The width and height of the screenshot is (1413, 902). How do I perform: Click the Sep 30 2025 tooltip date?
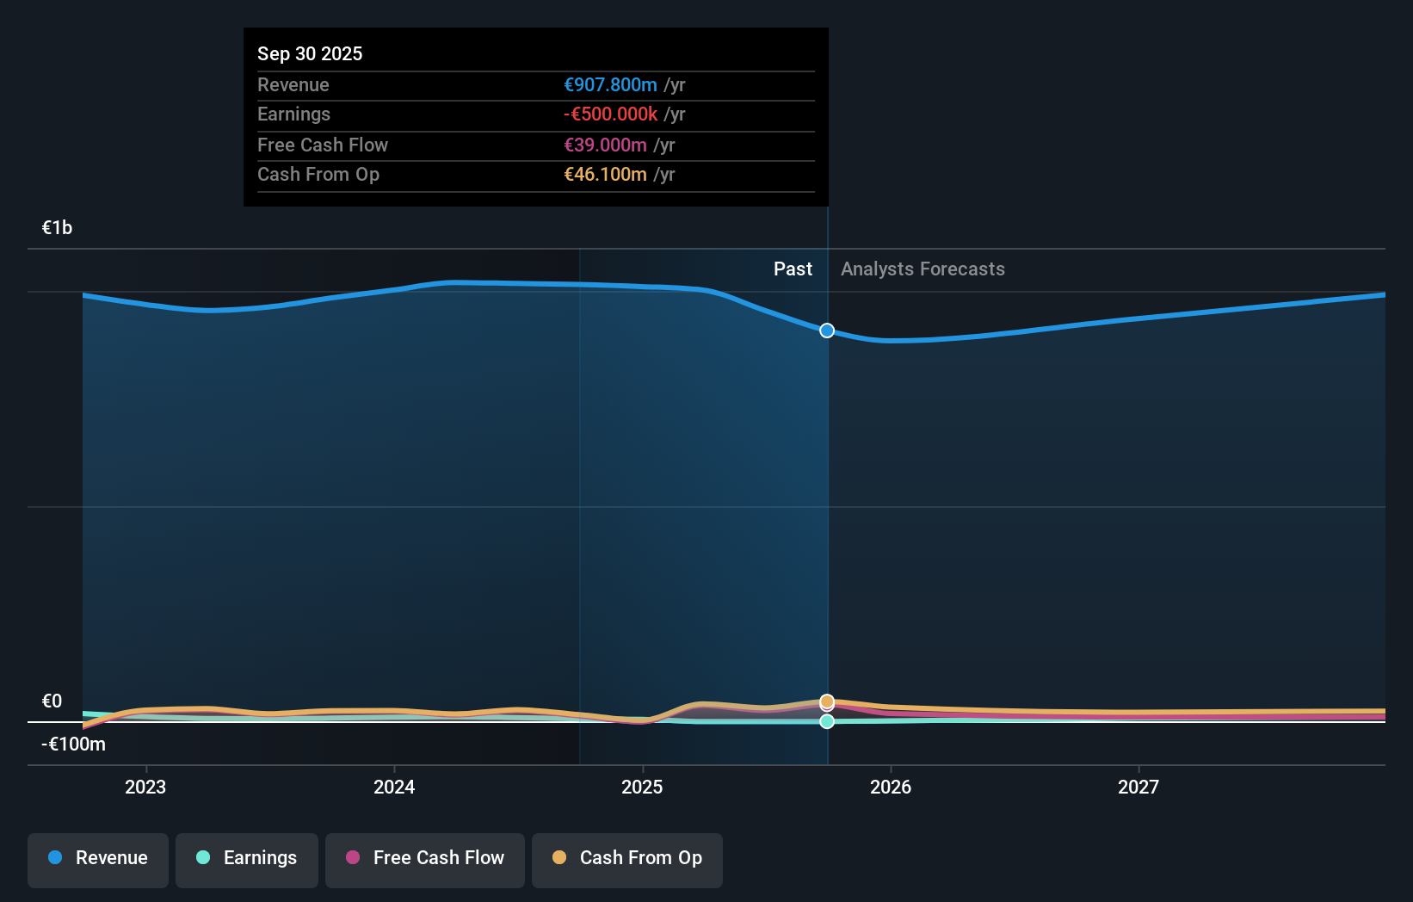point(310,53)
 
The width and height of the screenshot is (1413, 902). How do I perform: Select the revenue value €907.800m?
point(610,84)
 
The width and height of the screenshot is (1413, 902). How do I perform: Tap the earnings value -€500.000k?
point(610,114)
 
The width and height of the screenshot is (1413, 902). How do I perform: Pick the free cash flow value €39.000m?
point(605,145)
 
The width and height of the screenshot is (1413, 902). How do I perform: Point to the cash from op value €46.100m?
point(605,174)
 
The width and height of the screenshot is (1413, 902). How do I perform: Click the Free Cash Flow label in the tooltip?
point(323,145)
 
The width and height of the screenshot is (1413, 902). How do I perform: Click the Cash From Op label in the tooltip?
point(318,174)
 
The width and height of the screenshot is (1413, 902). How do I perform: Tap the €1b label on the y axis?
point(57,227)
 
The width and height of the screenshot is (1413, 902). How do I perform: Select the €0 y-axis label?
point(52,701)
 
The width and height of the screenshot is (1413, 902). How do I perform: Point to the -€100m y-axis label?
point(73,744)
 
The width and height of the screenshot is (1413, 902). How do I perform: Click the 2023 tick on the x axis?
point(145,787)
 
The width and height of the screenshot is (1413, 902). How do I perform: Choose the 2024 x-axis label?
point(394,787)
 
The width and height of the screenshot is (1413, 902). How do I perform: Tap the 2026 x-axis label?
point(891,787)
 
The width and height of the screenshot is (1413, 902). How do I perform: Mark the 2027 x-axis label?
point(1138,787)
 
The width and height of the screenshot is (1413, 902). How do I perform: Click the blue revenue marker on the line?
point(827,331)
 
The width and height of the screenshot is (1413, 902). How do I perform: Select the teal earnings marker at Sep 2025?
point(827,721)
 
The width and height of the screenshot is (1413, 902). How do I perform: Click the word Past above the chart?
point(793,269)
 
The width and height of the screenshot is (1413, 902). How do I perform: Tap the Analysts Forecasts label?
point(922,269)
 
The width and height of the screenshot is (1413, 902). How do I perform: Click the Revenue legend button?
point(98,859)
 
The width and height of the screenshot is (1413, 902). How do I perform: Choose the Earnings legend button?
point(247,859)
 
